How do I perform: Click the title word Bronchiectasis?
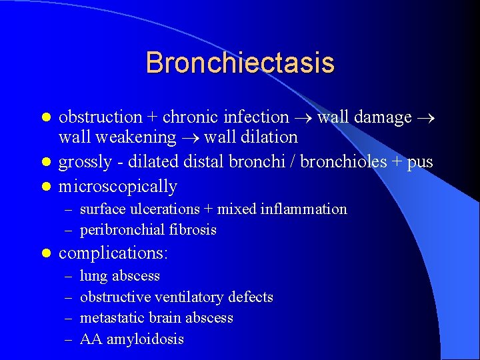(x=240, y=63)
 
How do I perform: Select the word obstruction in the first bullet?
(x=100, y=117)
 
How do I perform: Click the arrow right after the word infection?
(x=303, y=118)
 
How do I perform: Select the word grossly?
(x=82, y=162)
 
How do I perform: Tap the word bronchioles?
(x=341, y=162)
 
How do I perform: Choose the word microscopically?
(x=118, y=187)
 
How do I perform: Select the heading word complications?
(x=111, y=253)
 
